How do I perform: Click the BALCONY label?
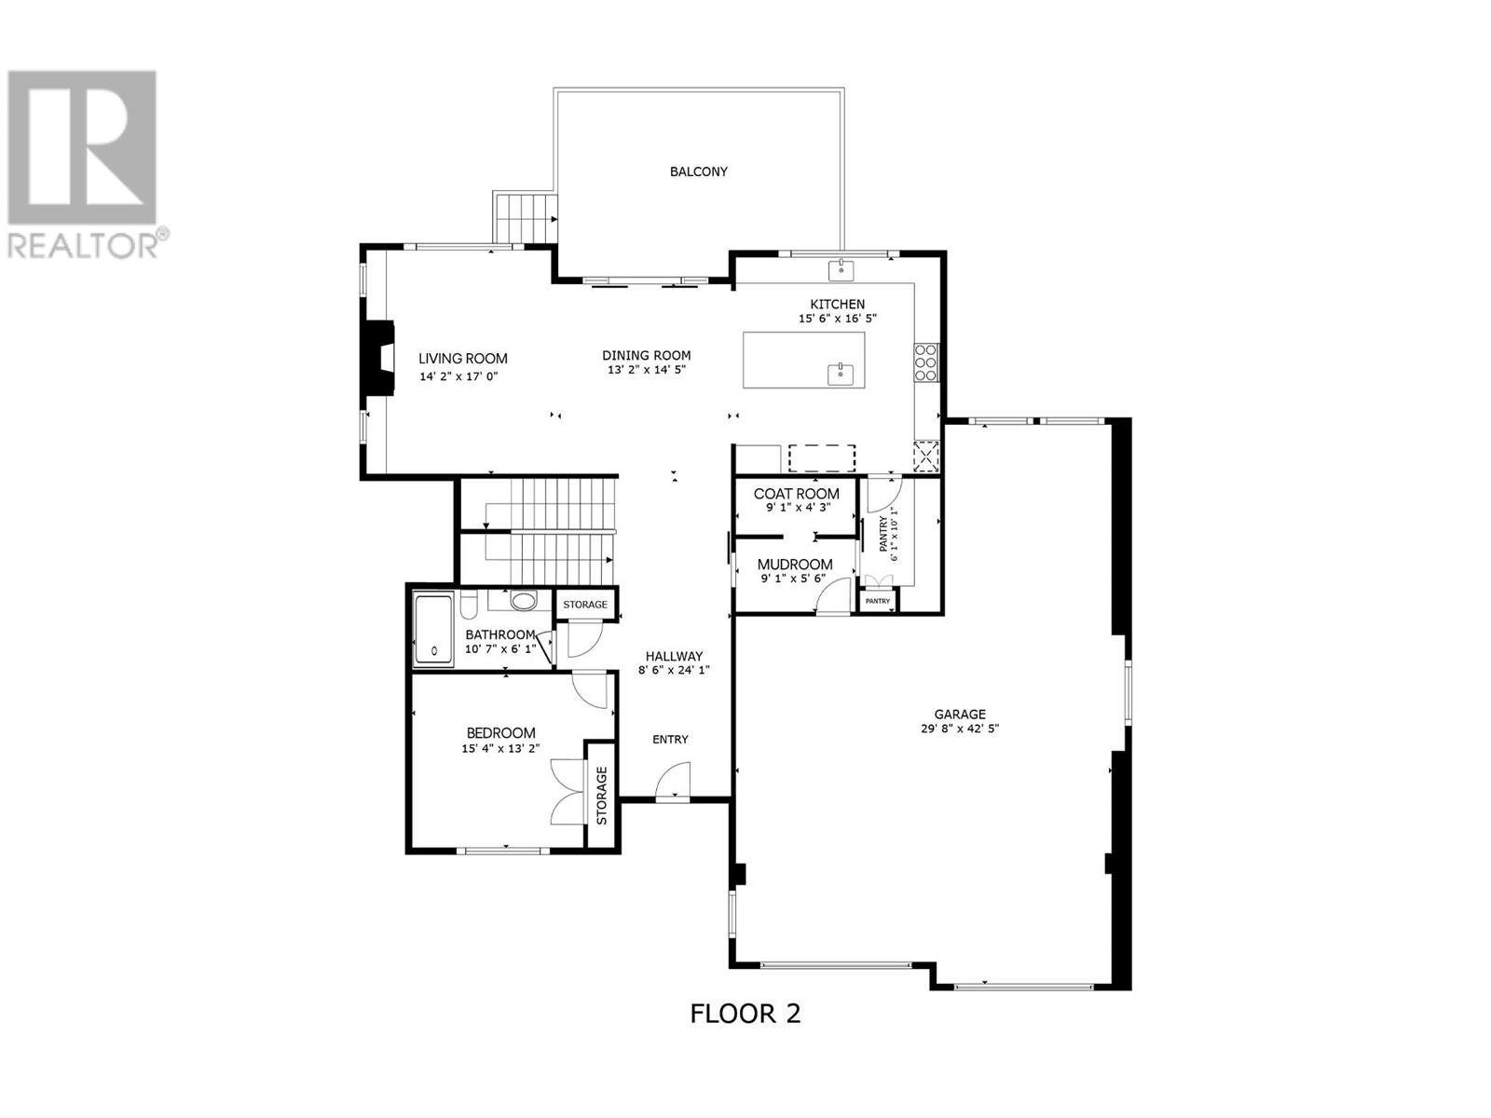coord(698,171)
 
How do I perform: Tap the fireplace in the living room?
coord(378,357)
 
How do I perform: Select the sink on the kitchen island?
coord(841,374)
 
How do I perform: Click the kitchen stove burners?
coord(925,362)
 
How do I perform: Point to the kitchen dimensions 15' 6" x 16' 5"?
coord(837,319)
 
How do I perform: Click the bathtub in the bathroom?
coord(433,631)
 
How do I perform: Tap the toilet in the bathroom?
coord(469,604)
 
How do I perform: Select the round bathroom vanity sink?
coord(523,600)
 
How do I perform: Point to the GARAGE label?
coord(959,714)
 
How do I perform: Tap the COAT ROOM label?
coord(796,494)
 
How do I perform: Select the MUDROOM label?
coord(795,564)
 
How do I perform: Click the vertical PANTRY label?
coord(883,534)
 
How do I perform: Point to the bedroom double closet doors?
coord(568,792)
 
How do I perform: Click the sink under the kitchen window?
coord(841,269)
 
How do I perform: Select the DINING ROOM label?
coord(646,355)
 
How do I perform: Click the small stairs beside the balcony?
coord(525,218)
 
